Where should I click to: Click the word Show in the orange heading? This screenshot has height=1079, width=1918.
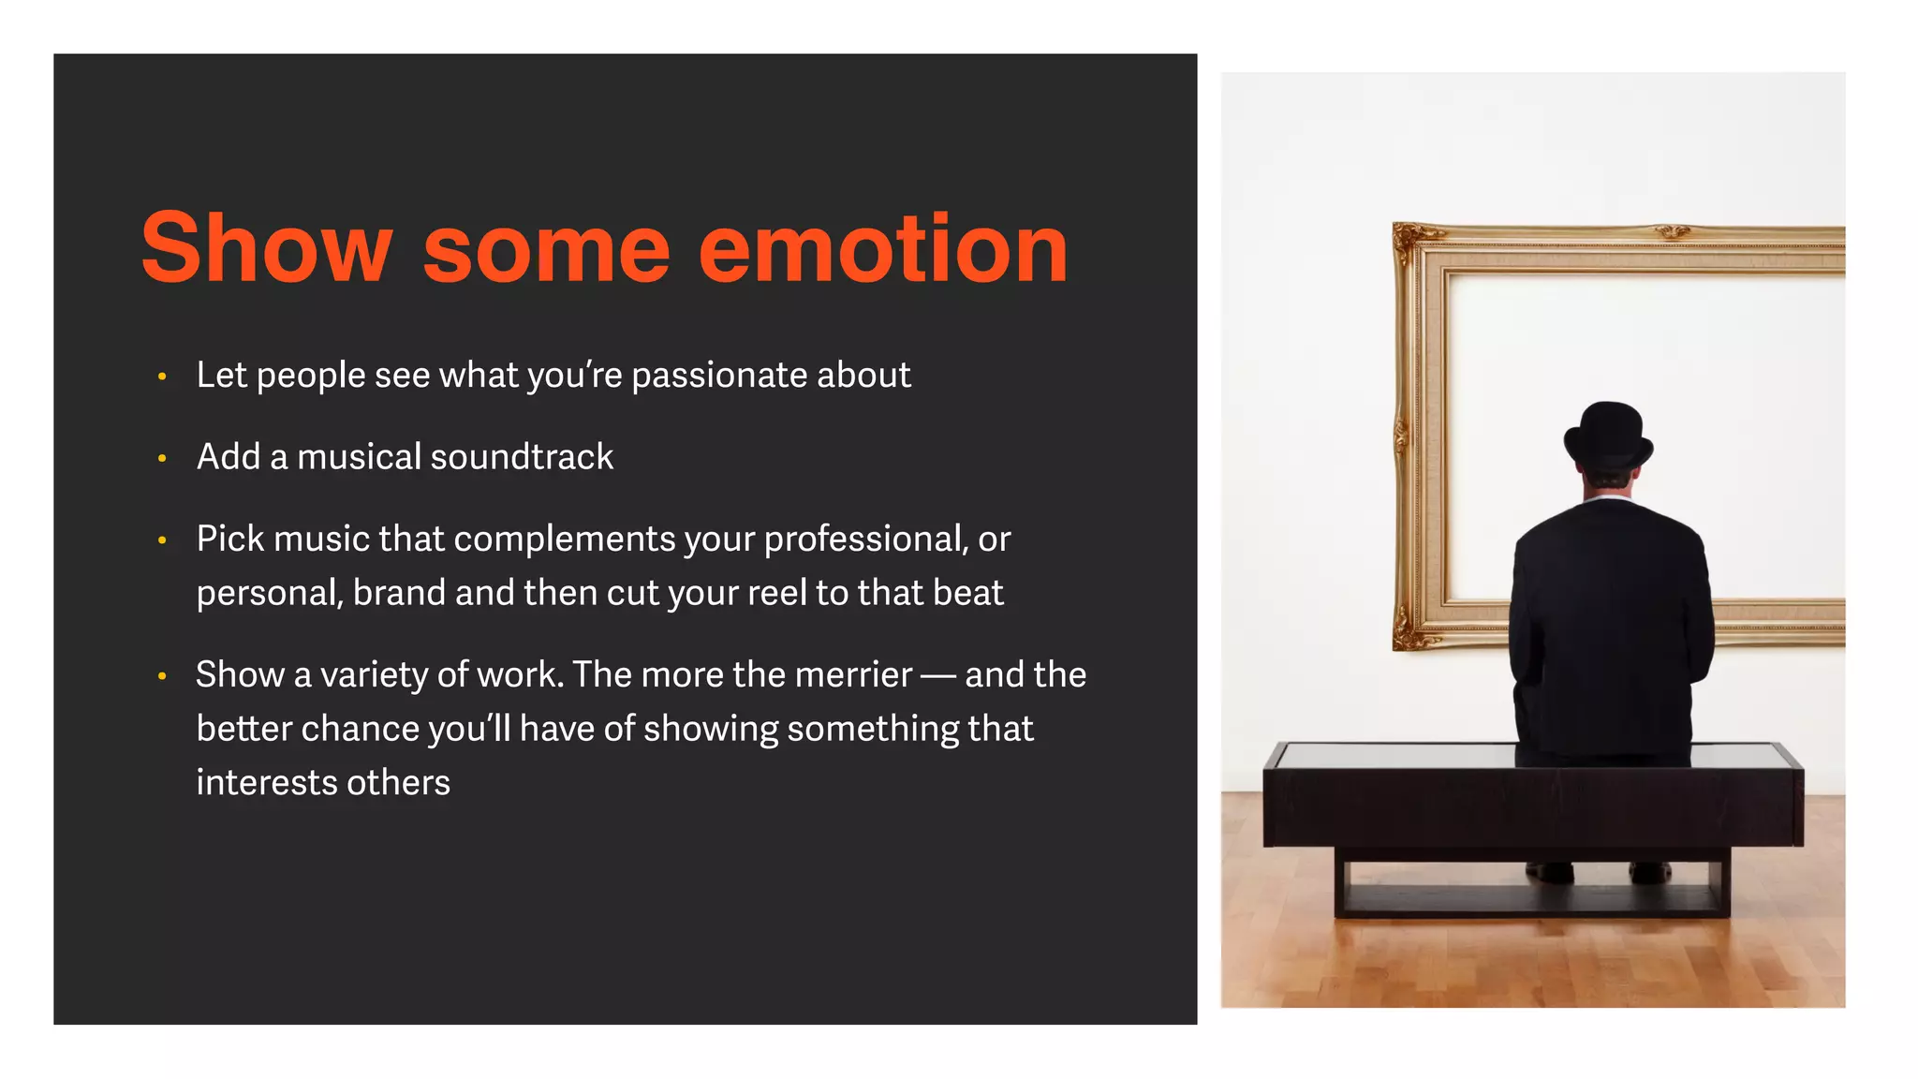tap(266, 248)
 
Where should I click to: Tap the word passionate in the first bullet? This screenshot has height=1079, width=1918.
tap(718, 376)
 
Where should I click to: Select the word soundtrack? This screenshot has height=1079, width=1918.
tap(522, 457)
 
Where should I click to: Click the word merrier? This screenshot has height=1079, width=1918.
tap(853, 675)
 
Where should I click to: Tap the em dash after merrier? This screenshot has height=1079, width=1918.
tap(938, 675)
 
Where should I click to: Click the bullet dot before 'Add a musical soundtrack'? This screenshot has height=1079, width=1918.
tap(162, 459)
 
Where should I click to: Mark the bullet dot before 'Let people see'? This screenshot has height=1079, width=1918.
tap(162, 377)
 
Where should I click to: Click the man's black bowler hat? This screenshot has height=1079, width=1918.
tap(1608, 435)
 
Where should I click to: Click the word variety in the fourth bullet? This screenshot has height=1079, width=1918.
tap(374, 675)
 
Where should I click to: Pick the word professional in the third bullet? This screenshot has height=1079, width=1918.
tap(863, 539)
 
